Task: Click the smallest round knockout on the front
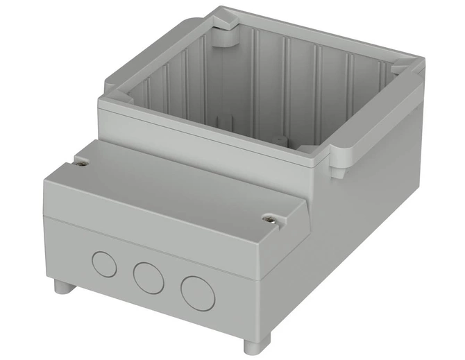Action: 105,264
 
